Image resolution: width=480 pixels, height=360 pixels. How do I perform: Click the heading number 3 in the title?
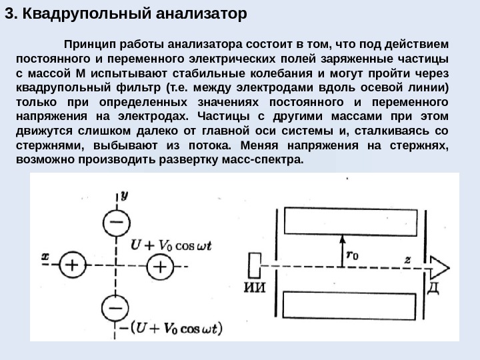9,13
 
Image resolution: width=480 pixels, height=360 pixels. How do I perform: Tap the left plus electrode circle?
71,266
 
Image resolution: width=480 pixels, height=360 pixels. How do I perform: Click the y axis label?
125,194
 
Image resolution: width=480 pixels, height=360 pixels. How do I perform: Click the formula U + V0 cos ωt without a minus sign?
171,245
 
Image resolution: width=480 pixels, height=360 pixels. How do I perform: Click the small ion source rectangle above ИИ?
255,267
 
